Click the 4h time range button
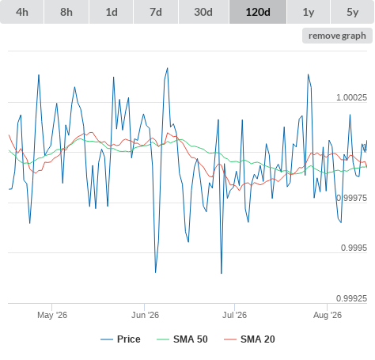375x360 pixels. [22, 12]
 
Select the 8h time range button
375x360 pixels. [66, 12]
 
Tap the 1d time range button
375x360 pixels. [112, 12]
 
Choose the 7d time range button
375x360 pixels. [156, 12]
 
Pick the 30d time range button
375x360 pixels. [203, 12]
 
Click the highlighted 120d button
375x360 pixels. [258, 12]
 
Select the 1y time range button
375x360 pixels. [309, 12]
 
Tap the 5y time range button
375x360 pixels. [353, 12]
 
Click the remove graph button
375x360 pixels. [337, 36]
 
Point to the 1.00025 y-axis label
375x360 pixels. [351, 97]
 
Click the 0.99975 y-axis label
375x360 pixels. [351, 198]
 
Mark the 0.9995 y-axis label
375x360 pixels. [354, 248]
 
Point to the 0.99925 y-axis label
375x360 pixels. [351, 298]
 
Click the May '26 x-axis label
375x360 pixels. [52, 315]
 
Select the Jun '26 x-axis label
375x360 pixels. [146, 315]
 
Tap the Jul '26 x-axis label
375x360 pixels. [234, 315]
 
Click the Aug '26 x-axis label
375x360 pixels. [328, 315]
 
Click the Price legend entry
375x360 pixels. [120, 339]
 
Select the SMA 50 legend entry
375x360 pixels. [182, 339]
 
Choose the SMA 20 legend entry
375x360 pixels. [249, 339]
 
